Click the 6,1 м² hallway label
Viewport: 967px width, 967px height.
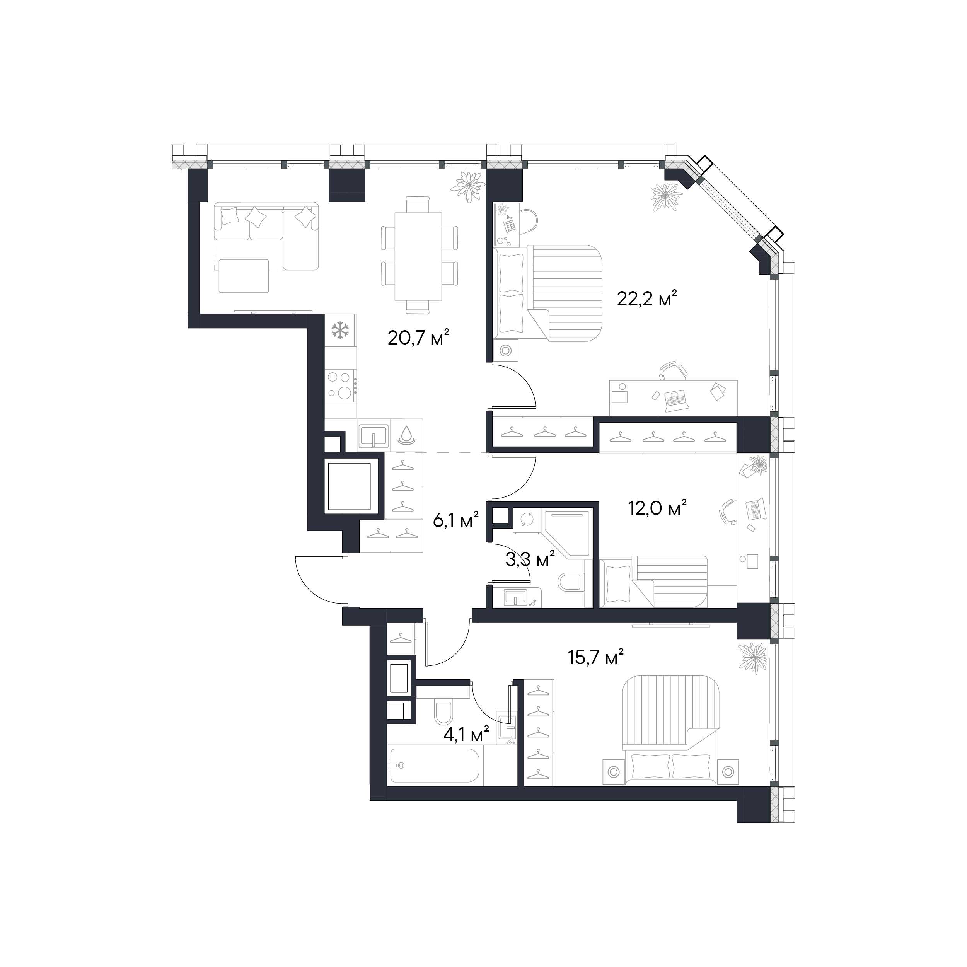tap(456, 521)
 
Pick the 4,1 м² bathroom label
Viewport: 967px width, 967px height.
tap(466, 735)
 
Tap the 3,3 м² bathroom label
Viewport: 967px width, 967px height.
tap(530, 559)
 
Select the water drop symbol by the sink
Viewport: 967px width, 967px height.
tap(406, 435)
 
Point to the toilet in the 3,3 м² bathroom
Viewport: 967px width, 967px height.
tap(570, 582)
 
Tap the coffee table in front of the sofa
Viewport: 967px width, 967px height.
tap(244, 276)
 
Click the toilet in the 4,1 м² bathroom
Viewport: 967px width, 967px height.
tap(443, 713)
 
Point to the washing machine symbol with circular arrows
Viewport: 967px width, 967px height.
tap(527, 520)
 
